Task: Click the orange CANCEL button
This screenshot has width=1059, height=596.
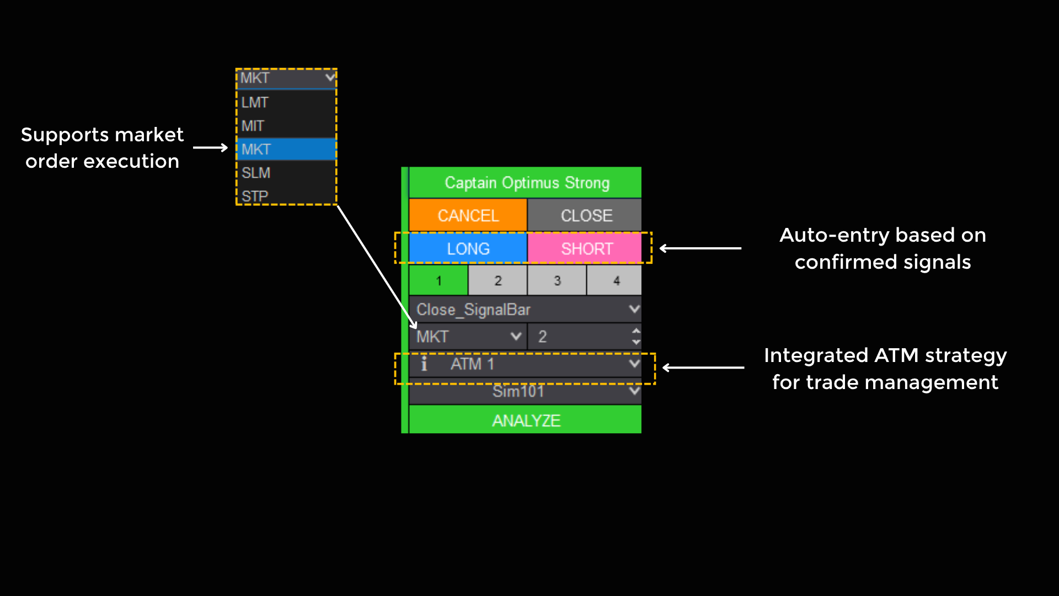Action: point(468,215)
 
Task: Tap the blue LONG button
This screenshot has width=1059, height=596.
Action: point(468,248)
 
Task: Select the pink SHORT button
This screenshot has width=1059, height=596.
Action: point(586,248)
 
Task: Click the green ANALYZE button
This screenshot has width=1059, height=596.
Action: point(526,420)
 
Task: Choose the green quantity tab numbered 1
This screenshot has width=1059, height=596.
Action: point(438,280)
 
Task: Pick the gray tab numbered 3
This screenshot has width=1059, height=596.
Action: point(557,280)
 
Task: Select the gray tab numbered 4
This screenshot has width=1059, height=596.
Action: point(616,280)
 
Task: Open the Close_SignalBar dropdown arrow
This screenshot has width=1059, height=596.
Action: point(634,309)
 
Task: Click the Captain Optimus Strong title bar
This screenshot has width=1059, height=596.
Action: point(526,183)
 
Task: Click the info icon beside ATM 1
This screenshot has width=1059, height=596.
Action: point(424,364)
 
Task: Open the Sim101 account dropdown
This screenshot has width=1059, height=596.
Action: point(634,391)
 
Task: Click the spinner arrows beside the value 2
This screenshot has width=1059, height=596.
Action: point(636,336)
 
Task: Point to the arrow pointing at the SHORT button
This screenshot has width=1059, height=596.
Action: point(700,248)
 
